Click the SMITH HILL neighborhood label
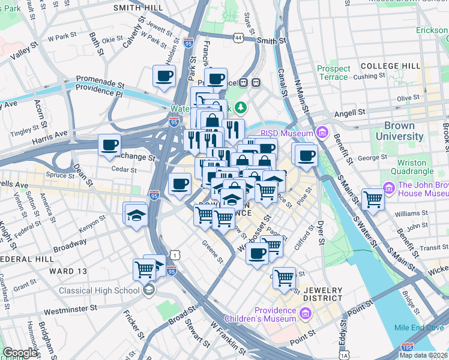[x=138, y=7]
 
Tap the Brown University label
[x=395, y=131]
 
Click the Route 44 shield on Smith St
[x=239, y=38]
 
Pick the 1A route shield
[x=344, y=355]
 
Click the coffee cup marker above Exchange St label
[x=110, y=145]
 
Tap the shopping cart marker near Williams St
[x=373, y=199]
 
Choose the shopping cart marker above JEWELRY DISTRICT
[x=283, y=277]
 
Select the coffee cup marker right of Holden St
[x=164, y=76]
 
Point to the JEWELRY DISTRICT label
[x=322, y=294]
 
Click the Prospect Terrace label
[x=333, y=73]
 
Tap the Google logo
[x=20, y=353]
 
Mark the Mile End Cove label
[x=419, y=328]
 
